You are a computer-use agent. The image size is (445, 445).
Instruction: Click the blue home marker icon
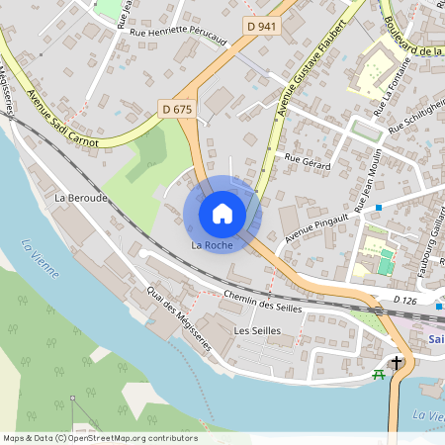222,213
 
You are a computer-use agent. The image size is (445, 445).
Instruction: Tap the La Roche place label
211,244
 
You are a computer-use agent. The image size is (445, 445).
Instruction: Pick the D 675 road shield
175,109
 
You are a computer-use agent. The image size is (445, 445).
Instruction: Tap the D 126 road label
408,300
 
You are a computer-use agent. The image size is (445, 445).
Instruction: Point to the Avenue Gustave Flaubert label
314,64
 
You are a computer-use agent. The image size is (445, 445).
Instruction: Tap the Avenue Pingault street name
317,226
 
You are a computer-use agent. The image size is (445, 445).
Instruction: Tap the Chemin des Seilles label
262,301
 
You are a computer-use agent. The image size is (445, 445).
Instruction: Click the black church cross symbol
397,363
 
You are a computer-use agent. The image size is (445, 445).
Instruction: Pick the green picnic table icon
378,374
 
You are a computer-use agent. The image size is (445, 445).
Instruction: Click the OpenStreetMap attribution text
100,438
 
